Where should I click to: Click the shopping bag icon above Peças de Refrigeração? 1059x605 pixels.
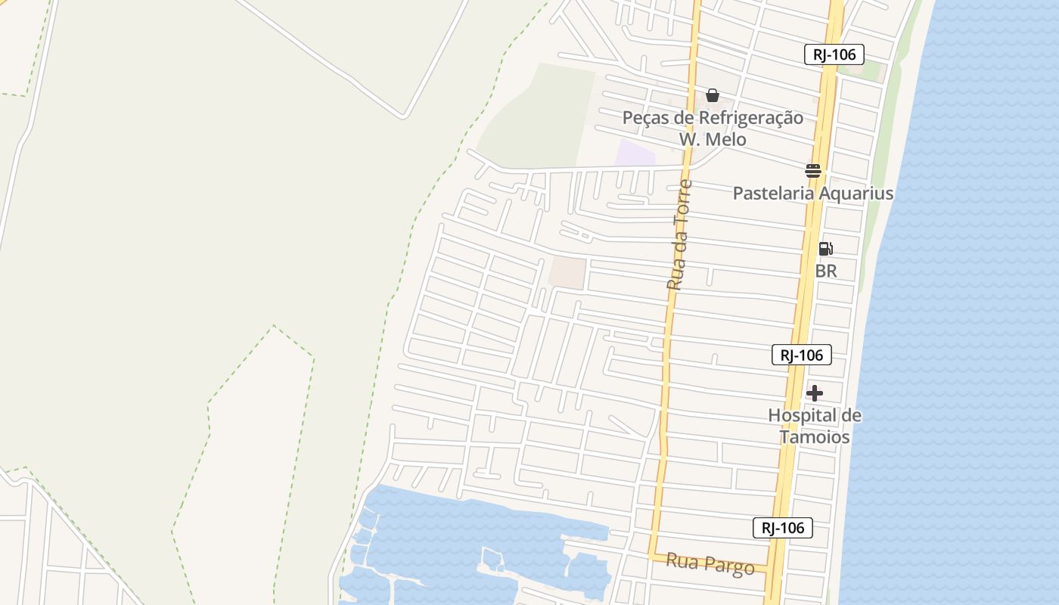pos(712,95)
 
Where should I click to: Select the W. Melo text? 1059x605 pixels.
pos(712,139)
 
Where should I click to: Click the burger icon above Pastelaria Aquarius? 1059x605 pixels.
pos(813,170)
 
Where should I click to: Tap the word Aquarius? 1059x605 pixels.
pos(857,194)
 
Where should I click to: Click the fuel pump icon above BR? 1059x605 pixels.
pos(826,248)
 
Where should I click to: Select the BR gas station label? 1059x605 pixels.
pos(826,271)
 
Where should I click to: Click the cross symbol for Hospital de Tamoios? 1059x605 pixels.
pos(815,393)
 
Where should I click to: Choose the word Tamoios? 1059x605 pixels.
pos(815,437)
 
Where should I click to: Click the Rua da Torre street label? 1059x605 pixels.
pos(679,234)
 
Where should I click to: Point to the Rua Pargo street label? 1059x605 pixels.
pos(710,563)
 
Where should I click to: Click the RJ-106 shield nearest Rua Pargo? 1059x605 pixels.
pos(782,528)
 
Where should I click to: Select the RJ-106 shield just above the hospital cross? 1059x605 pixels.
pos(802,355)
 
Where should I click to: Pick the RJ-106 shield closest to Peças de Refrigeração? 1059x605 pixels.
pos(834,54)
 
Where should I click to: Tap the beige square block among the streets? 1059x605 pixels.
pos(567,273)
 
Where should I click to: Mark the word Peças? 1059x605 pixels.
pos(644,118)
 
